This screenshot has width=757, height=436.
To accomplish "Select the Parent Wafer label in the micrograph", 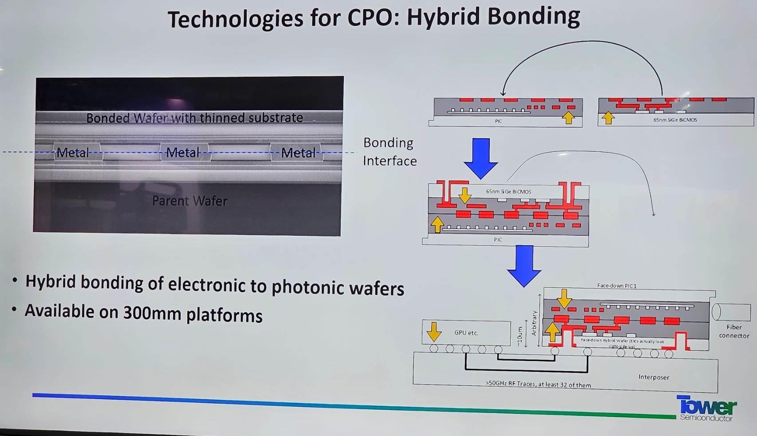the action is tap(189, 201).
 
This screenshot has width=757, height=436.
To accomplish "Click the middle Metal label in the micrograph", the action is tap(183, 153).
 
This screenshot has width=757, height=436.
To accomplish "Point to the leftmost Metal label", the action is tap(73, 153).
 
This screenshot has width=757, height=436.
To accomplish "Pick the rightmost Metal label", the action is tap(298, 153).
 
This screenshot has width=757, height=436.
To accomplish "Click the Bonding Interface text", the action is tap(389, 151).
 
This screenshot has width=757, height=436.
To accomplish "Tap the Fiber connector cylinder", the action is tap(731, 312).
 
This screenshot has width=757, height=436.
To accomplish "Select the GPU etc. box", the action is tap(466, 333).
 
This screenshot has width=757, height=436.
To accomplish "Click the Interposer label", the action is tap(654, 377).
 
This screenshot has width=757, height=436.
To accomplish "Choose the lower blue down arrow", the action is tap(524, 266).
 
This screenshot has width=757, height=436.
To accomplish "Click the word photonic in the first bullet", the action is tap(308, 287).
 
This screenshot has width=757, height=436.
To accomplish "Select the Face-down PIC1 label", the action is tap(617, 286).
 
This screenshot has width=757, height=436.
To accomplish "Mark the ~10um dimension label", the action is tap(520, 336).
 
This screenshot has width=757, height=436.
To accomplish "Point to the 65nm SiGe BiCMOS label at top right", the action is tap(675, 120).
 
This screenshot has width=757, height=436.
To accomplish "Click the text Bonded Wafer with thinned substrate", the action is tap(194, 118).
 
